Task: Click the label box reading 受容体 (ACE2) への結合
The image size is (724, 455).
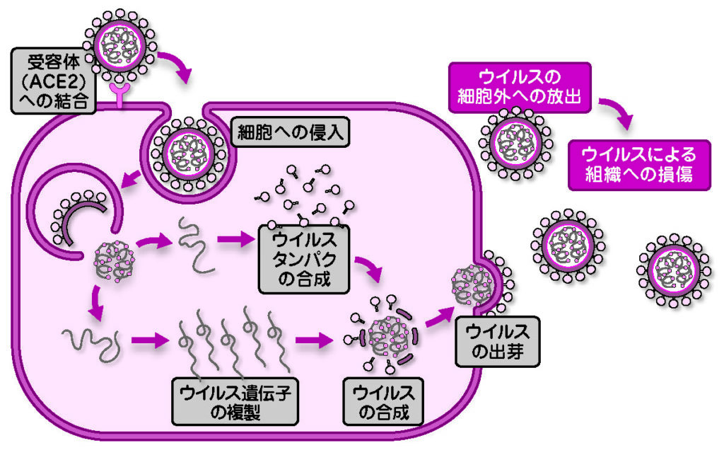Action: click(53, 80)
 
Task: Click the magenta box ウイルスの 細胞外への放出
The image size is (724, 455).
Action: click(519, 86)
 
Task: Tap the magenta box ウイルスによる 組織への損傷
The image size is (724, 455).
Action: click(638, 164)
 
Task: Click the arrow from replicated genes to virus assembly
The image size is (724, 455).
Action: click(314, 341)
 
